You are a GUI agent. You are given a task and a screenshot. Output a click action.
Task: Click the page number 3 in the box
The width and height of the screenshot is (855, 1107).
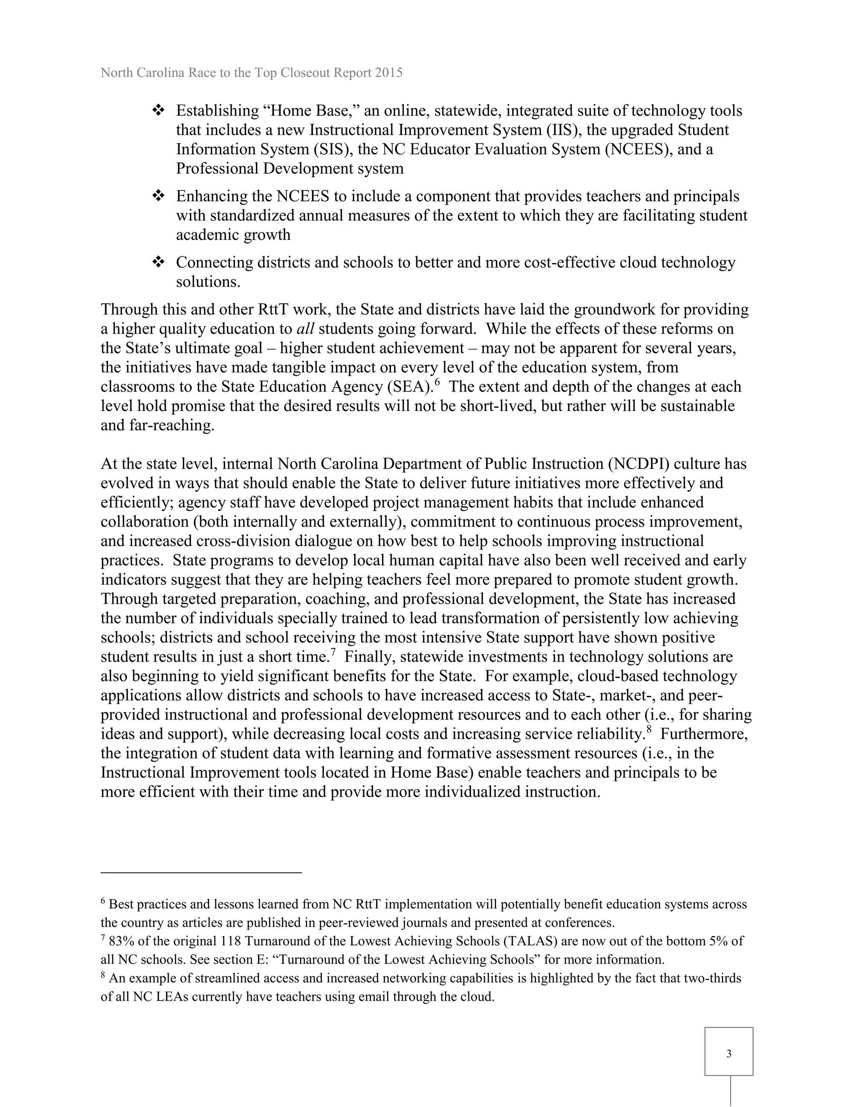click(x=729, y=1054)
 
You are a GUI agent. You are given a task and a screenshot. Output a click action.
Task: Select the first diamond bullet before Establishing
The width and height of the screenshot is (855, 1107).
click(x=159, y=110)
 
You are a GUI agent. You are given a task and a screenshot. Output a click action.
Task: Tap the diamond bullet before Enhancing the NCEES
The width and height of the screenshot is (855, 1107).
click(x=159, y=196)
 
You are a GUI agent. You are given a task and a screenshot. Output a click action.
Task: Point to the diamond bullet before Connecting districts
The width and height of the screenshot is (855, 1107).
click(x=159, y=262)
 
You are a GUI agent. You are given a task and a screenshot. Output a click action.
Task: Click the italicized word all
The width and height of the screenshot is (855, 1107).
click(x=306, y=329)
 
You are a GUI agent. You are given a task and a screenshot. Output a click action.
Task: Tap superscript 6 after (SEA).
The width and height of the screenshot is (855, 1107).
click(x=437, y=383)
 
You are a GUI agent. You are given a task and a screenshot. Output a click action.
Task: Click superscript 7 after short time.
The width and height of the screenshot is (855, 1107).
click(x=333, y=653)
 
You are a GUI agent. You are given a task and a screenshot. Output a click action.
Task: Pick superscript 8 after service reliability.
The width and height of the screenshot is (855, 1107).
click(x=648, y=730)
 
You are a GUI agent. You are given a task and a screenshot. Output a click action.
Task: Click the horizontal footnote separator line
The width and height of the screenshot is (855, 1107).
click(x=201, y=872)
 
